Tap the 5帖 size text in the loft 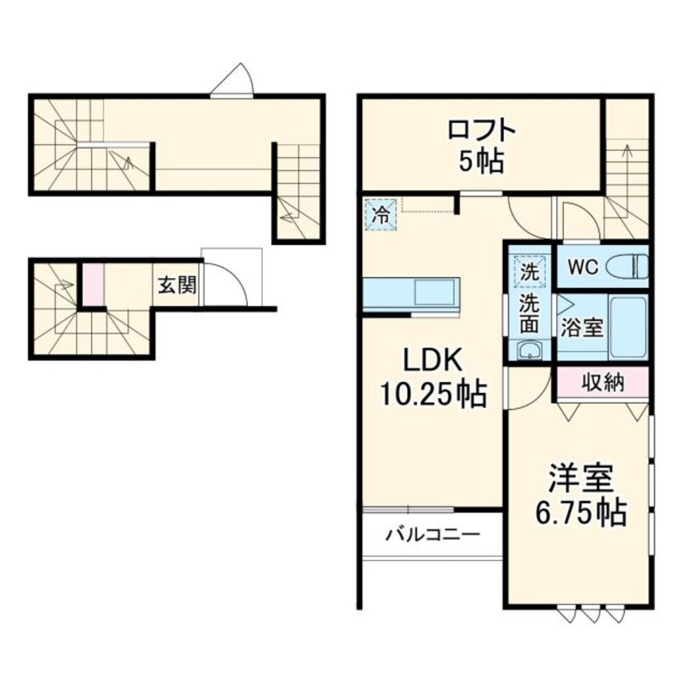point(483,163)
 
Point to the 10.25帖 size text point(433,394)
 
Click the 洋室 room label point(580,479)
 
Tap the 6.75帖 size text point(580,512)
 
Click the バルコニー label point(431,534)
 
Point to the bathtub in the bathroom point(628,327)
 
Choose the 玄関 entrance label point(178,285)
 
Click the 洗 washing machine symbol point(529,270)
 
